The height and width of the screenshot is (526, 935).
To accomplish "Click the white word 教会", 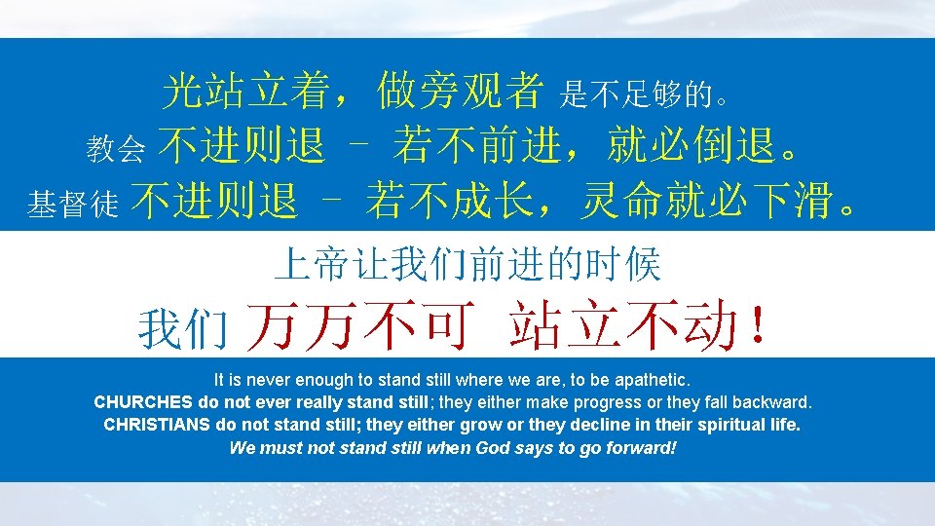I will coord(117,149).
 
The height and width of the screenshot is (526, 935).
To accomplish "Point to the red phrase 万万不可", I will coord(361,326).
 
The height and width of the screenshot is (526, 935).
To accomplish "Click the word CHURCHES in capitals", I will coord(143,402).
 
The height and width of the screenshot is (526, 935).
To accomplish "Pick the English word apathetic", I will coord(654,378).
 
